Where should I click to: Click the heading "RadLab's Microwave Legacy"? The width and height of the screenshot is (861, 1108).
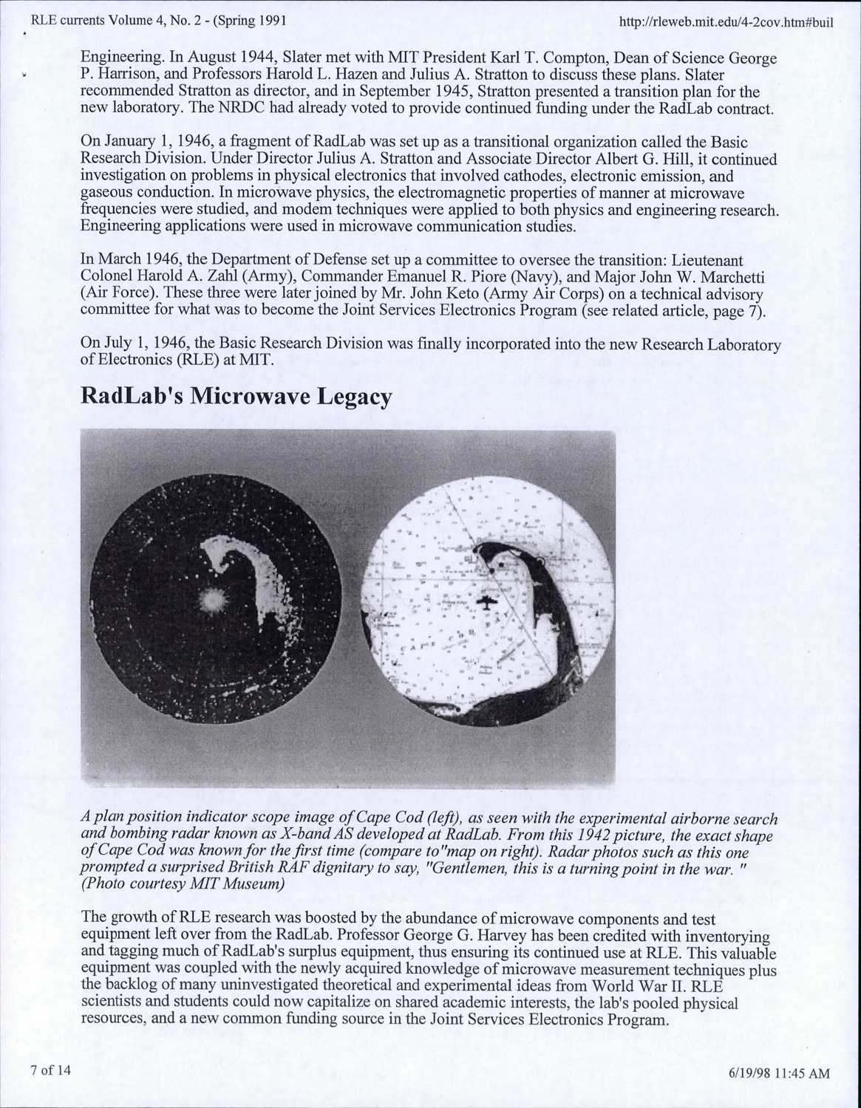[x=236, y=397]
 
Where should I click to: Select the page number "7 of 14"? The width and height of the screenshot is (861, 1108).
[x=50, y=1070]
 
